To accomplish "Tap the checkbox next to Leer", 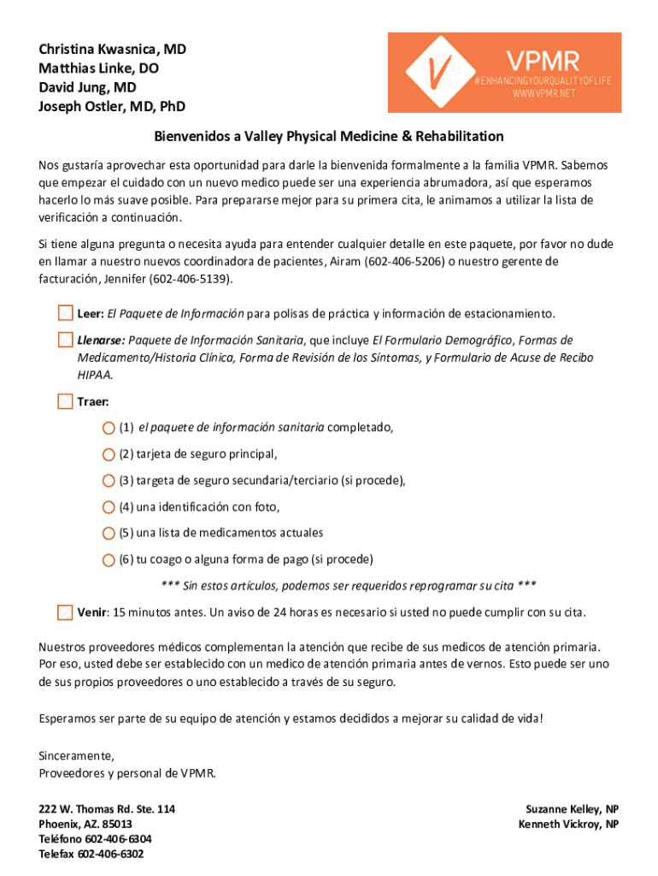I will [65, 313].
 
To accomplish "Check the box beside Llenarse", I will [65, 340].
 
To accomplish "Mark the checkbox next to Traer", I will [65, 401].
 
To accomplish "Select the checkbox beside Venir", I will [65, 613].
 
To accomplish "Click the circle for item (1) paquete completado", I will [108, 428].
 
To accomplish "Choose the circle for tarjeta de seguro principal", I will [108, 454].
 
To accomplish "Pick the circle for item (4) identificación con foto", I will [108, 507].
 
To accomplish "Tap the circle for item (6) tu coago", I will [108, 560].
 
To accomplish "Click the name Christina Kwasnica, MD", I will [112, 50].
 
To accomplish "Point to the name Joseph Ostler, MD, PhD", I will [112, 107].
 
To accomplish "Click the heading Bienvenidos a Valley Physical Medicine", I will [329, 136].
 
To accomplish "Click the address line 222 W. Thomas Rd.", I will [107, 808].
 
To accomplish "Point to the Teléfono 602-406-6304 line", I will [95, 839].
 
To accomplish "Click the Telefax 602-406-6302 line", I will [91, 855].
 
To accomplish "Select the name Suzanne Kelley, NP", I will [572, 808].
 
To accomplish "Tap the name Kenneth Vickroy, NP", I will [568, 824].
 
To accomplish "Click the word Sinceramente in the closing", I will [76, 756].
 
